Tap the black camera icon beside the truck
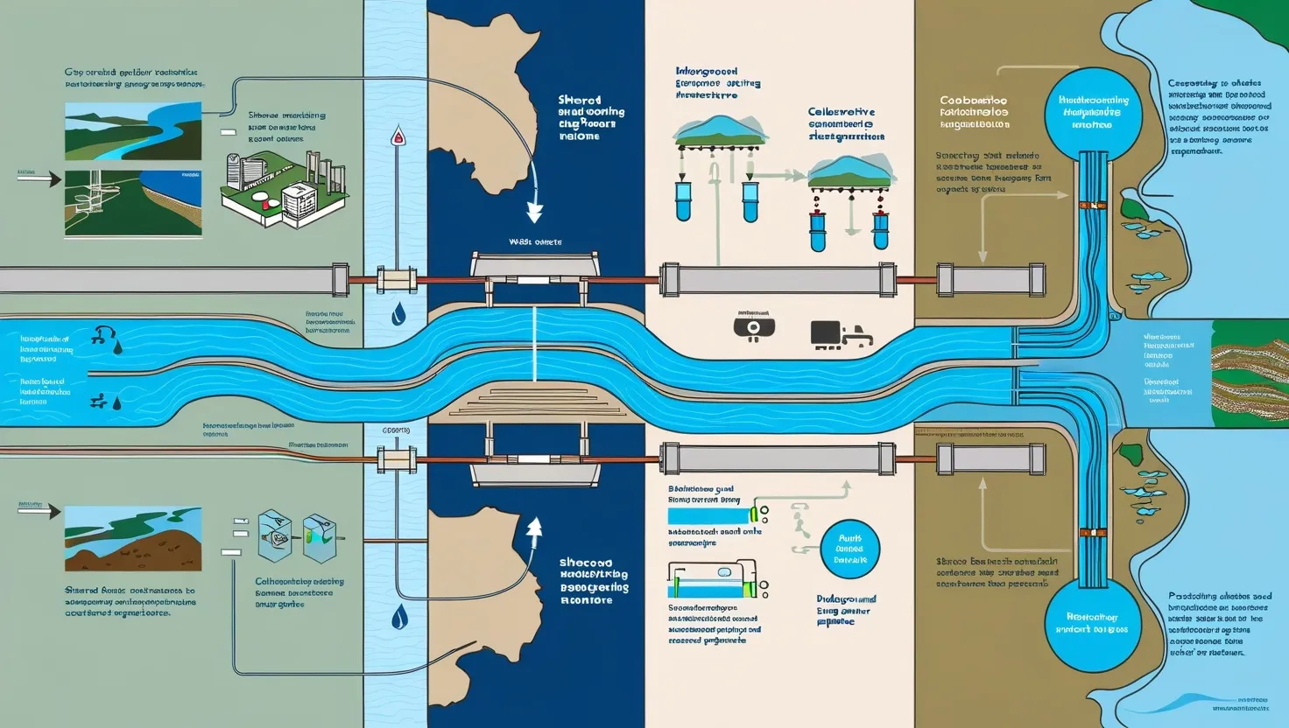coord(753,327)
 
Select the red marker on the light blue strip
coord(398,136)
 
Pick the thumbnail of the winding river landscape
coord(132,130)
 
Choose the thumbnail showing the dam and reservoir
coord(132,204)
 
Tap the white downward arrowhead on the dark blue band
coord(533,213)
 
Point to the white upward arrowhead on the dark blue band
coord(533,526)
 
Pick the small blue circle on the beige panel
coord(849,549)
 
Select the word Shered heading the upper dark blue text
coord(579,101)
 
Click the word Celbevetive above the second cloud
coord(841,113)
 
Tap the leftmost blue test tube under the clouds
coord(683,200)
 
